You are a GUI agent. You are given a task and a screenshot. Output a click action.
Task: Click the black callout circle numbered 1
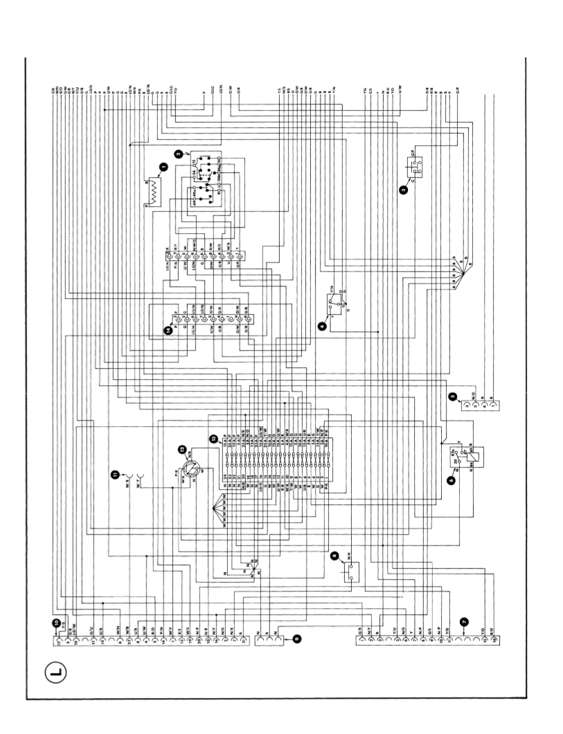163,166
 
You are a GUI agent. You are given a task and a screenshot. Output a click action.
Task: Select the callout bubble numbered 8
334,555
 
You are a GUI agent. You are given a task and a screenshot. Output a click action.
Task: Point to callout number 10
57,622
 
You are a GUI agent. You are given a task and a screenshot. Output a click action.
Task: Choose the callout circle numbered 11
114,473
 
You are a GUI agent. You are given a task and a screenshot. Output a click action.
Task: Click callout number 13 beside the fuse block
214,437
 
